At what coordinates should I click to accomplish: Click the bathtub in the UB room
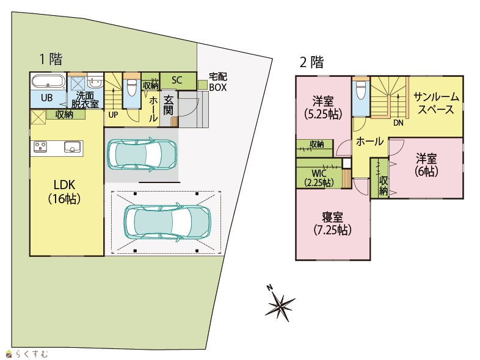point(48,82)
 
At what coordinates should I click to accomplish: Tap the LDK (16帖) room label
point(65,192)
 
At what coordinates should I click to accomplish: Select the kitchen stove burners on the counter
point(40,146)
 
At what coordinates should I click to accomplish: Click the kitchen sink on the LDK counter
point(73,146)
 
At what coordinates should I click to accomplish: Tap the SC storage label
point(176,81)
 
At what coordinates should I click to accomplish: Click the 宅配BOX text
point(218,82)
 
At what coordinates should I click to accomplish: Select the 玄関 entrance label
point(169,105)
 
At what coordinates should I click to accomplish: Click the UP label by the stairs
point(113,115)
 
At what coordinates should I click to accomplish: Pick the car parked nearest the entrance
point(142,154)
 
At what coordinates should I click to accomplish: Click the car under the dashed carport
point(167,221)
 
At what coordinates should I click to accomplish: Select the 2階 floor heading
point(311,62)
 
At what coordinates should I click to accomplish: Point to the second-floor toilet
point(361,90)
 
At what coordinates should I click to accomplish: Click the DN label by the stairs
point(398,123)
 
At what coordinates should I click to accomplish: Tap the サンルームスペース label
point(436,103)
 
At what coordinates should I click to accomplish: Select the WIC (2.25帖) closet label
point(319,178)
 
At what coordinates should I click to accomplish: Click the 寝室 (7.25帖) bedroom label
point(332,223)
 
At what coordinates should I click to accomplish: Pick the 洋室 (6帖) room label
point(426,165)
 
